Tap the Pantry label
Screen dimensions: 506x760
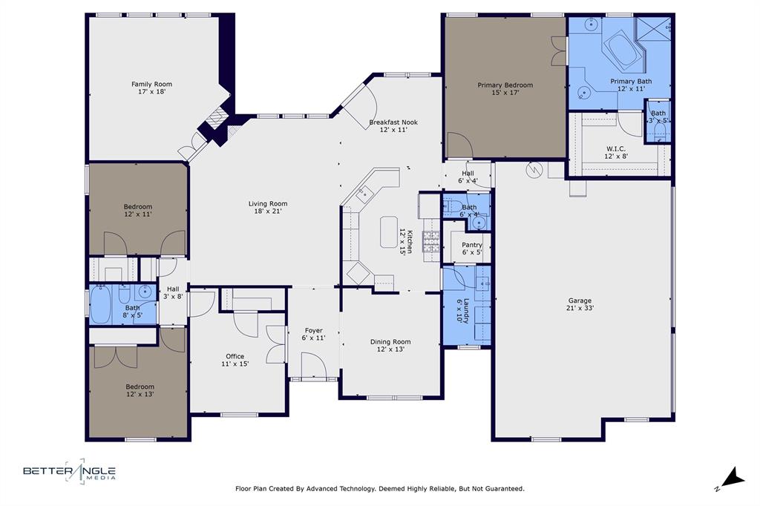(x=472, y=245)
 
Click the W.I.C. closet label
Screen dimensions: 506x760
(x=615, y=148)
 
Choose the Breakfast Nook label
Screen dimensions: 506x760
(x=393, y=122)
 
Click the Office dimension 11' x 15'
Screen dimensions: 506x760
(x=235, y=364)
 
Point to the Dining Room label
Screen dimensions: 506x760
(x=390, y=342)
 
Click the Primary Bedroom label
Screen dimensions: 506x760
(x=505, y=85)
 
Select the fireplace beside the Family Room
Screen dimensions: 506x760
(x=215, y=119)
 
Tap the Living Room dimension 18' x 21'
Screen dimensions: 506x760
(x=267, y=211)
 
